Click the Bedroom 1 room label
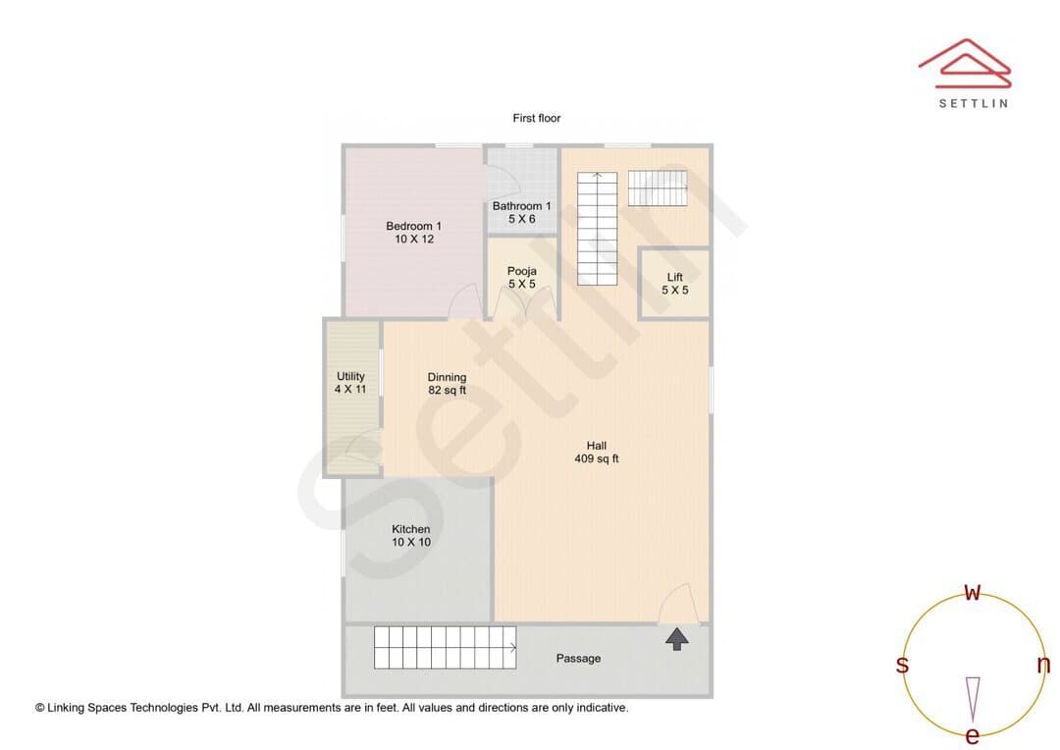414,232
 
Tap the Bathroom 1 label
521,212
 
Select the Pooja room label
521,277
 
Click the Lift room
674,284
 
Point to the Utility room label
350,382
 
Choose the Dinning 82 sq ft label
447,384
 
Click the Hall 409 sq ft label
597,452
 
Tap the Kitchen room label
411,536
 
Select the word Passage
578,658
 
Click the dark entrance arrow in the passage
676,639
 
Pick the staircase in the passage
445,647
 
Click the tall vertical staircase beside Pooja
597,229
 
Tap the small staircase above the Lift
658,188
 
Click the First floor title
537,118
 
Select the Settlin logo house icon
965,63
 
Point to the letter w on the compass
972,592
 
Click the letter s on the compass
902,665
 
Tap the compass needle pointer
973,699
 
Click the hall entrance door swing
679,604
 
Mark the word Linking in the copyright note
67,708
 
